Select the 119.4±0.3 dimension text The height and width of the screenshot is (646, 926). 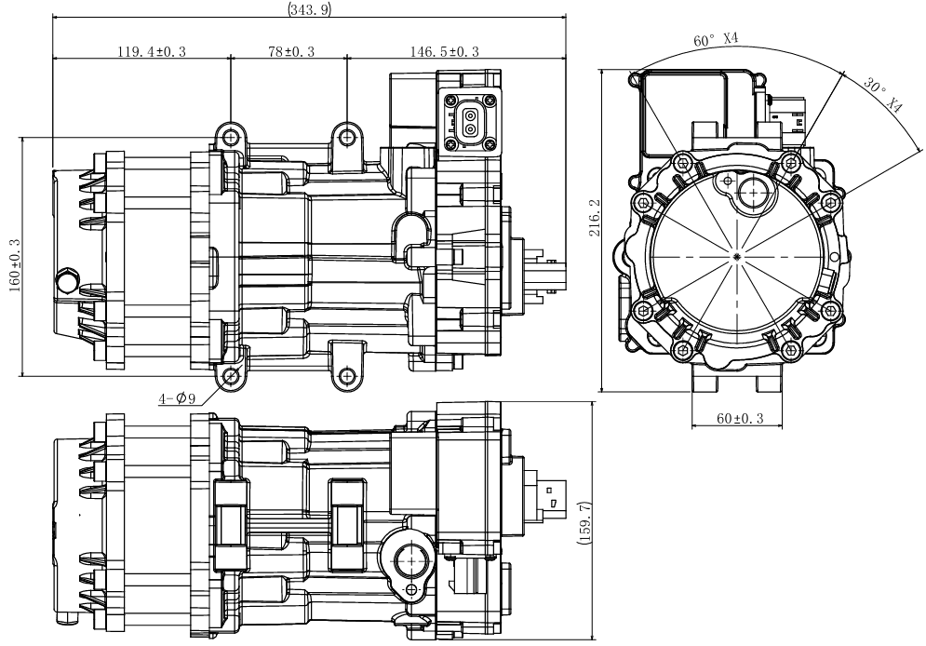pyautogui.click(x=151, y=51)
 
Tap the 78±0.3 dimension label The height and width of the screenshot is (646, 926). pyautogui.click(x=291, y=51)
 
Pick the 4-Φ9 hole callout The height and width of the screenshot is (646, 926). pyautogui.click(x=177, y=398)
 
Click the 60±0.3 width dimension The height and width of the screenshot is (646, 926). pyautogui.click(x=740, y=419)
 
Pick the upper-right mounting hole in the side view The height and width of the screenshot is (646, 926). pyautogui.click(x=347, y=137)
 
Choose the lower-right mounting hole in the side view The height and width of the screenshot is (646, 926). pyautogui.click(x=347, y=375)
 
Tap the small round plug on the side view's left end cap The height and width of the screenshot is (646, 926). pyautogui.click(x=66, y=279)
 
